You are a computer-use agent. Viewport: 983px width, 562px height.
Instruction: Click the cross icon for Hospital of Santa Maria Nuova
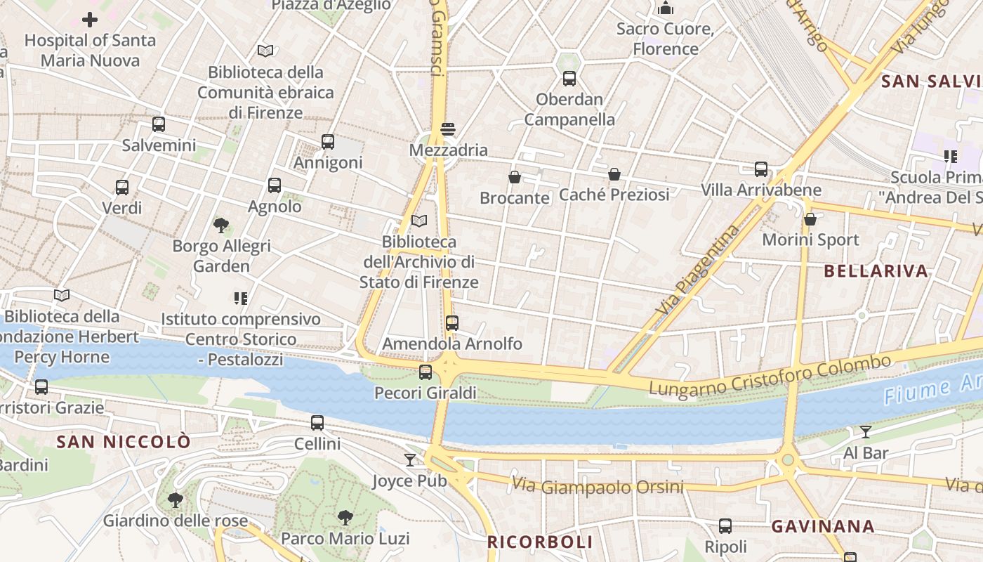[x=90, y=20]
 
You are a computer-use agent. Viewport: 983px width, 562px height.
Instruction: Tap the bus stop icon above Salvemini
[x=159, y=125]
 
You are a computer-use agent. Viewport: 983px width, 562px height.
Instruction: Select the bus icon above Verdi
[x=122, y=188]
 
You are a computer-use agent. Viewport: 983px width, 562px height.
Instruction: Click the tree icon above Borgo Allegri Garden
[x=221, y=226]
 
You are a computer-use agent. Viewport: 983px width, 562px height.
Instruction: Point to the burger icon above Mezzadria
[x=448, y=129]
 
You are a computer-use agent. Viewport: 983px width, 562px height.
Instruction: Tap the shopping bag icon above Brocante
[x=515, y=177]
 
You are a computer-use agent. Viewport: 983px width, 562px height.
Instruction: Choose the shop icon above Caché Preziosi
[x=614, y=174]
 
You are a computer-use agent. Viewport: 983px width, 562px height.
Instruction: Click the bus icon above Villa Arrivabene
[x=761, y=169]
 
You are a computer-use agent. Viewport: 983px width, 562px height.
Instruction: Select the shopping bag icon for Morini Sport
[x=810, y=219]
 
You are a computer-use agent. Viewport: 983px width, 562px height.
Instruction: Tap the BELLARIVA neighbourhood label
[x=876, y=271]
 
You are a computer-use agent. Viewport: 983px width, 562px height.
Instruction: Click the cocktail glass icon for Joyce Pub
[x=410, y=460]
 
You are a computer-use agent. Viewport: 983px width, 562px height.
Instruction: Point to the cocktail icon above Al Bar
[x=866, y=432]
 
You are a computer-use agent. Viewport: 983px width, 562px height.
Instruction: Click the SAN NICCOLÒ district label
[x=124, y=442]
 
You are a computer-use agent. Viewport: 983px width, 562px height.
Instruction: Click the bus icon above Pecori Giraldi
[x=425, y=372]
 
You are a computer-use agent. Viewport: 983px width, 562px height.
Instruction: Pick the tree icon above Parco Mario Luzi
[x=345, y=518]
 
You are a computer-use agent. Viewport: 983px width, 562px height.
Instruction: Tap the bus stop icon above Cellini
[x=317, y=423]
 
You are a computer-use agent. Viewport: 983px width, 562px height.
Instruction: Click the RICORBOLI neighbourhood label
[x=540, y=542]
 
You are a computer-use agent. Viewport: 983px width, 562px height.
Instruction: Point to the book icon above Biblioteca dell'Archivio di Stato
[x=419, y=221]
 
